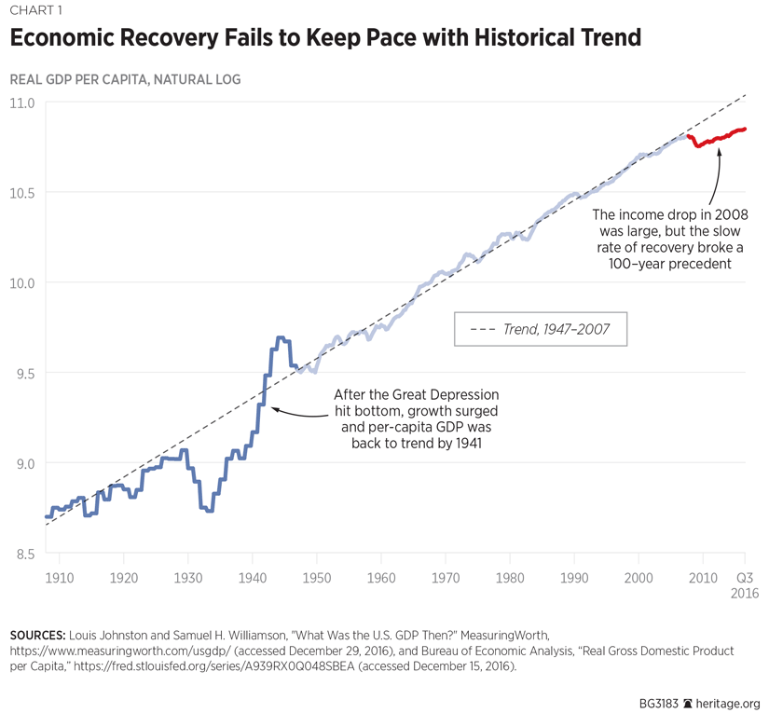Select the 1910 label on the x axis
click(59, 578)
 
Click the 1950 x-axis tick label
click(317, 578)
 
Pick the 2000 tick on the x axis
click(639, 578)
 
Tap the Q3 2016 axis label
click(746, 584)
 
